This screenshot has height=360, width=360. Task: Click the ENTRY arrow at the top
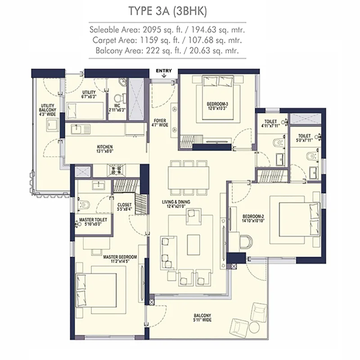point(164,76)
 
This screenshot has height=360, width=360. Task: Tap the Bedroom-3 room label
point(217,106)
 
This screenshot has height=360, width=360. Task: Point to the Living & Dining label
point(176,204)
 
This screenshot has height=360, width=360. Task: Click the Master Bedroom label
point(120,259)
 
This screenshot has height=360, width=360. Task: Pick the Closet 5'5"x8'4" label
point(125,207)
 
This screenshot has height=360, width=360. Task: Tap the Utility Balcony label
point(48,110)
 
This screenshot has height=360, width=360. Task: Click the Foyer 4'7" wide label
point(160,123)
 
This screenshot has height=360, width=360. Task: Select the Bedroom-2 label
point(253,218)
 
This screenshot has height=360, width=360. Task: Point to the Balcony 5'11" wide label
point(202,318)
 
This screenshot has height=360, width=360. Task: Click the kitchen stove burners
point(116,170)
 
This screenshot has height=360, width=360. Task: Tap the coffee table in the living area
point(193,244)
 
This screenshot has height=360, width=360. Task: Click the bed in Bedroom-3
point(218,98)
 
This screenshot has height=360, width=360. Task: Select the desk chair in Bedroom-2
point(246,242)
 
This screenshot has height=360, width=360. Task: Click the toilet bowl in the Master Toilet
point(83,204)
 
